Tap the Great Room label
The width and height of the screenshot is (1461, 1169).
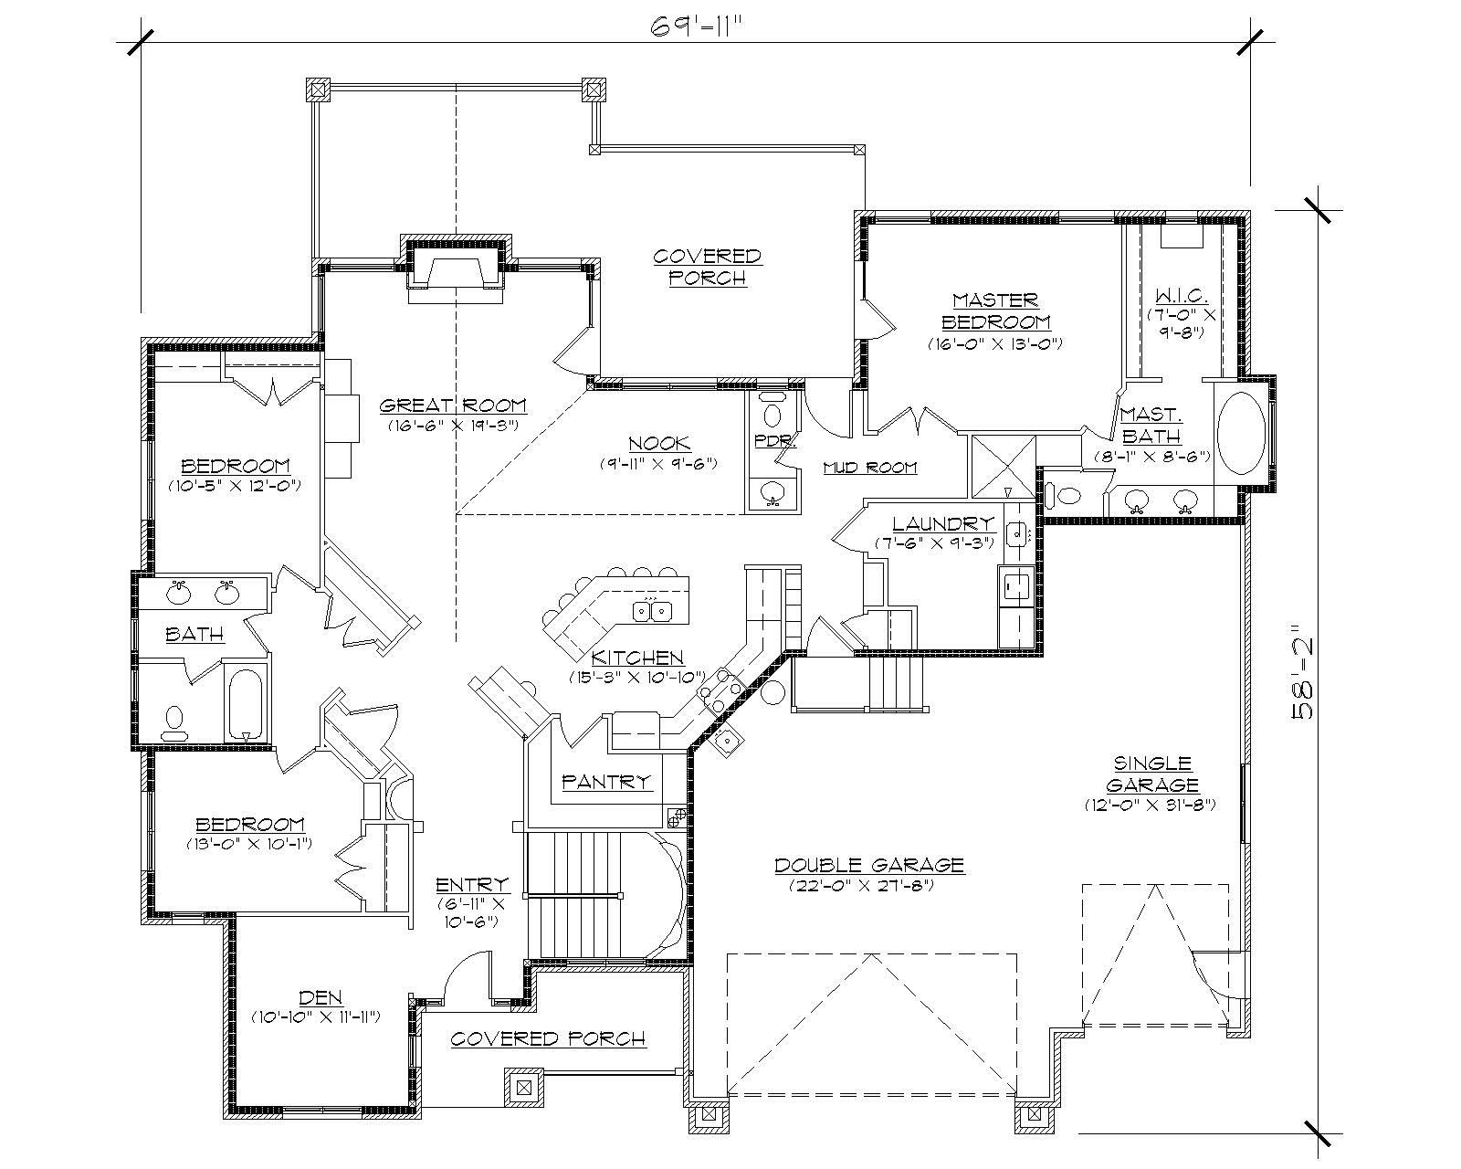tap(453, 405)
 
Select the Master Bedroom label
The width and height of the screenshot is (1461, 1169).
tap(995, 311)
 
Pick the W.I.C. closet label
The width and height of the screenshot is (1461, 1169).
tap(1182, 296)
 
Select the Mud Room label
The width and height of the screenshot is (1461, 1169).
tap(869, 468)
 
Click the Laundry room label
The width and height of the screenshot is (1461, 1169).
tap(942, 524)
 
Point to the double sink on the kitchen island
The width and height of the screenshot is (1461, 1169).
tap(655, 610)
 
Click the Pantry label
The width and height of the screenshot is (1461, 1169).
tap(607, 781)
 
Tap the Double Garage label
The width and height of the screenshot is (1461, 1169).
tap(869, 864)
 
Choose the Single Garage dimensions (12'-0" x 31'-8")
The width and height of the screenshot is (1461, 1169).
tap(1151, 805)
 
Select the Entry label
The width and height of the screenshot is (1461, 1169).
tap(472, 884)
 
